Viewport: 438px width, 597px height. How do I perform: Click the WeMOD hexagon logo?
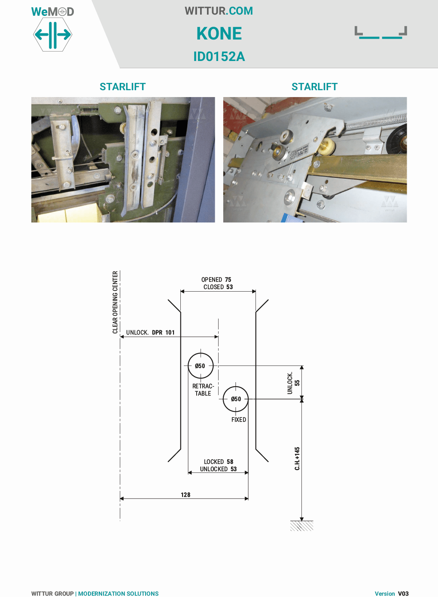52,34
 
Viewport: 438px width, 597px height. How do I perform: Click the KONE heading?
219,34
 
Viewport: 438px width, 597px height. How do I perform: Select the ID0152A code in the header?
219,57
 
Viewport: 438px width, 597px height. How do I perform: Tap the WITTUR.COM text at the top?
219,11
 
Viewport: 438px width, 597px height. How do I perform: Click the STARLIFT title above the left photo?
122,87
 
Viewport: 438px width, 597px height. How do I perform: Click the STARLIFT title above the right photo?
314,87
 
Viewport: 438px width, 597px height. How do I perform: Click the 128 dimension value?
186,495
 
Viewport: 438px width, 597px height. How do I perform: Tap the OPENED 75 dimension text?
216,280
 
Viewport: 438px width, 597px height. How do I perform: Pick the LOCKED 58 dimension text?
219,462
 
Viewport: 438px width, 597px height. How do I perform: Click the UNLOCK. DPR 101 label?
150,332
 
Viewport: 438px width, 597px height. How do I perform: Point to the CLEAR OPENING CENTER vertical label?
115,302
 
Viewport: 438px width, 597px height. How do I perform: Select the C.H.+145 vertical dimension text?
297,458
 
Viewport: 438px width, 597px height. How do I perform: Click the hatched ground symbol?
301,526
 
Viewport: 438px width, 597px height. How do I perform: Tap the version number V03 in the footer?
403,594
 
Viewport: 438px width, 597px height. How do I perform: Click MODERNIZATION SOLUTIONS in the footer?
118,594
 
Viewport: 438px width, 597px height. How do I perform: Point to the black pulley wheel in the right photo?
397,140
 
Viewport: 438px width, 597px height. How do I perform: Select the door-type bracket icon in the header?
381,33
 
